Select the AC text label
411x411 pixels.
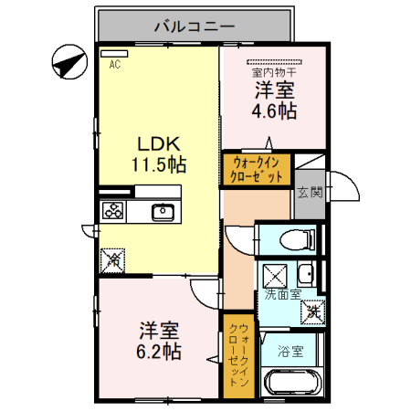tap(115, 65)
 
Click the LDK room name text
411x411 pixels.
tap(161, 143)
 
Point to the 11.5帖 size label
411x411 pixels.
tap(161, 165)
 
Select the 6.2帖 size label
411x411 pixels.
tap(160, 352)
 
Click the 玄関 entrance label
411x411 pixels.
tap(310, 192)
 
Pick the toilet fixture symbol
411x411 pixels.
tap(295, 240)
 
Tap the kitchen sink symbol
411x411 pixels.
tap(164, 212)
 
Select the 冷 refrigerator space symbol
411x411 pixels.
tap(113, 258)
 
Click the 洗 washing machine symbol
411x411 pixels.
tap(312, 311)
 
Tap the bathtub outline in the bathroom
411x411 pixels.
tap(291, 385)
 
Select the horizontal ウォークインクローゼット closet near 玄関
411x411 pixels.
tap(256, 170)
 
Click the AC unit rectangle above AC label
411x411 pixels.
tap(115, 53)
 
